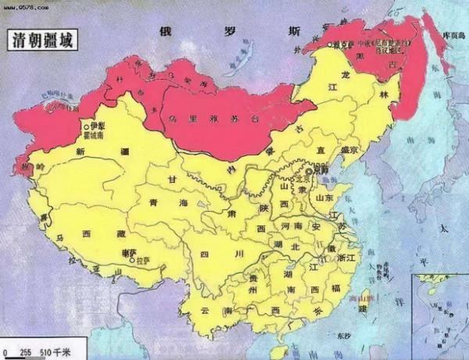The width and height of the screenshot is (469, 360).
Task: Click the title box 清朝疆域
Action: pyautogui.click(x=41, y=41)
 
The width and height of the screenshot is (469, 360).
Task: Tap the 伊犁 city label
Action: pyautogui.click(x=97, y=125)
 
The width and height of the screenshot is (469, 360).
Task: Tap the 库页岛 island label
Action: pyautogui.click(x=453, y=37)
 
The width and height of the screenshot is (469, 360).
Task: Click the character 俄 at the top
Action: pyautogui.click(x=165, y=30)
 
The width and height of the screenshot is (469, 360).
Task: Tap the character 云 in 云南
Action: pyautogui.click(x=206, y=310)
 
